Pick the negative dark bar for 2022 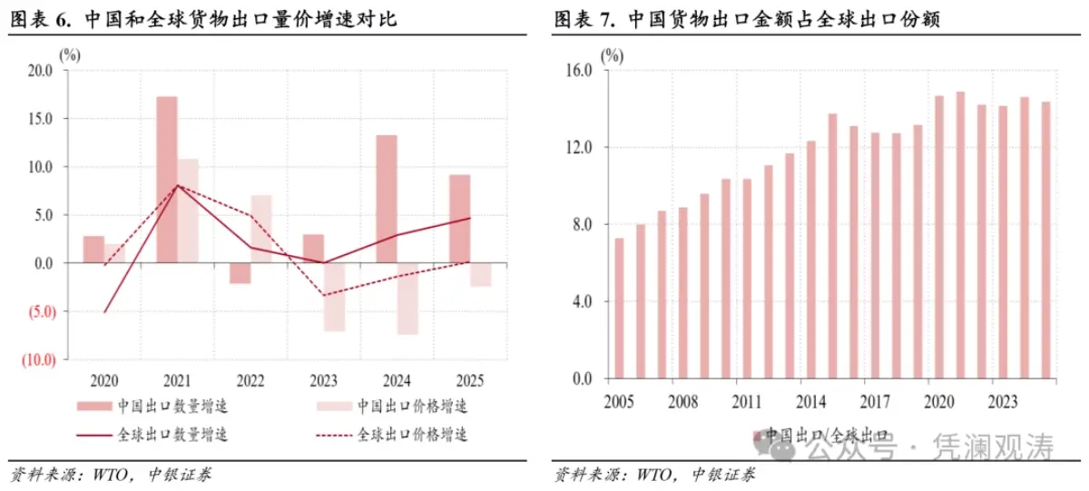click(240, 273)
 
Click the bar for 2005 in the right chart click(619, 308)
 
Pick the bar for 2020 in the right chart click(939, 236)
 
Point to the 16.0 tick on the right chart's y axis click(578, 71)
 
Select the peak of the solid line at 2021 click(178, 185)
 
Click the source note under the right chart click(652, 474)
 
